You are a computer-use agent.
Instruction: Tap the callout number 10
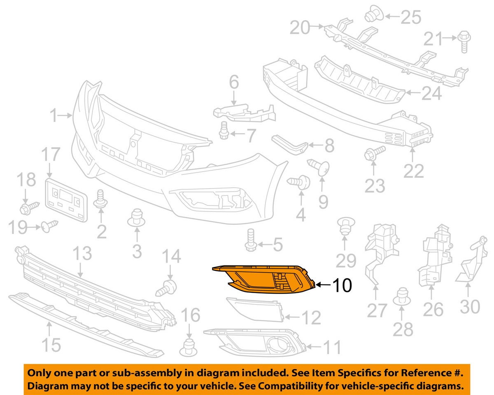pyautogui.click(x=342, y=285)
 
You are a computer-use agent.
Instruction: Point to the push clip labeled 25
pyautogui.click(x=374, y=13)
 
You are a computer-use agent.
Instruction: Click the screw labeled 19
pyautogui.click(x=50, y=226)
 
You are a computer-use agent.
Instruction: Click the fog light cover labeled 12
pyautogui.click(x=255, y=310)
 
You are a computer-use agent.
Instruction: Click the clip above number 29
pyautogui.click(x=346, y=226)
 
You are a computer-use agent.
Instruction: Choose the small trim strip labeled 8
pyautogui.click(x=290, y=144)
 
